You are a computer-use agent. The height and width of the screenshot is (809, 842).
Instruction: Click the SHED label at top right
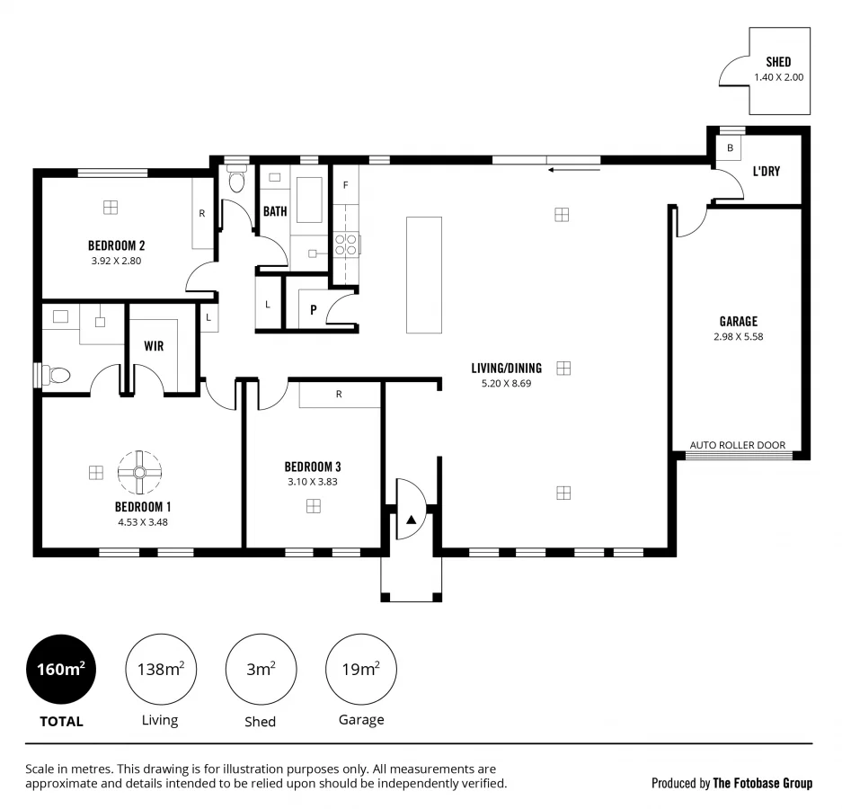[x=778, y=62]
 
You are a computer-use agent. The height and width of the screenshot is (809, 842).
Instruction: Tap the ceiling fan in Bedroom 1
[x=140, y=472]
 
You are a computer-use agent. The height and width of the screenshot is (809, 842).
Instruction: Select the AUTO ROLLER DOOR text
[x=737, y=445]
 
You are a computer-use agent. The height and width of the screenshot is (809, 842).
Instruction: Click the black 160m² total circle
[x=61, y=670]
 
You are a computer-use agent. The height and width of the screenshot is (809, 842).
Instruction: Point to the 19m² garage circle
[x=360, y=670]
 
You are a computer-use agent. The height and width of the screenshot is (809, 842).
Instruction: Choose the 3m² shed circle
[x=261, y=670]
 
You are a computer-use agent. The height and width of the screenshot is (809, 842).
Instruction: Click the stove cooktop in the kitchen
[x=347, y=244]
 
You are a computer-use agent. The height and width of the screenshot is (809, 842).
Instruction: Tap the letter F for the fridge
[x=344, y=185]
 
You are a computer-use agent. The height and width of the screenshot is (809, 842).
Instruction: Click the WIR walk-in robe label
[x=154, y=346]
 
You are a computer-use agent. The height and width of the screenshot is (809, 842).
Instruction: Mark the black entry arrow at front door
[x=411, y=520]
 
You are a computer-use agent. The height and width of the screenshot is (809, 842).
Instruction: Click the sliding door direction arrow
[x=563, y=167]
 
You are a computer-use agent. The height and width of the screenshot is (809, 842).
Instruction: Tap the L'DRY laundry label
[x=766, y=171]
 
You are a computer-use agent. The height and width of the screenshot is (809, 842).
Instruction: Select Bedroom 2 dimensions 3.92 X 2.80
[x=116, y=261]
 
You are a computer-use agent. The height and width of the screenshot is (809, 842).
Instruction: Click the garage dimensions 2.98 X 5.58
[x=738, y=337]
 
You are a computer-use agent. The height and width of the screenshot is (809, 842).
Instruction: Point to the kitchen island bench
[x=424, y=274]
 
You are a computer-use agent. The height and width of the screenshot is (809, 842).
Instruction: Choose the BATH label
[x=275, y=212]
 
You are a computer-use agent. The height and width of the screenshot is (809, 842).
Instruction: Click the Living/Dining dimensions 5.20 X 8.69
[x=507, y=383]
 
